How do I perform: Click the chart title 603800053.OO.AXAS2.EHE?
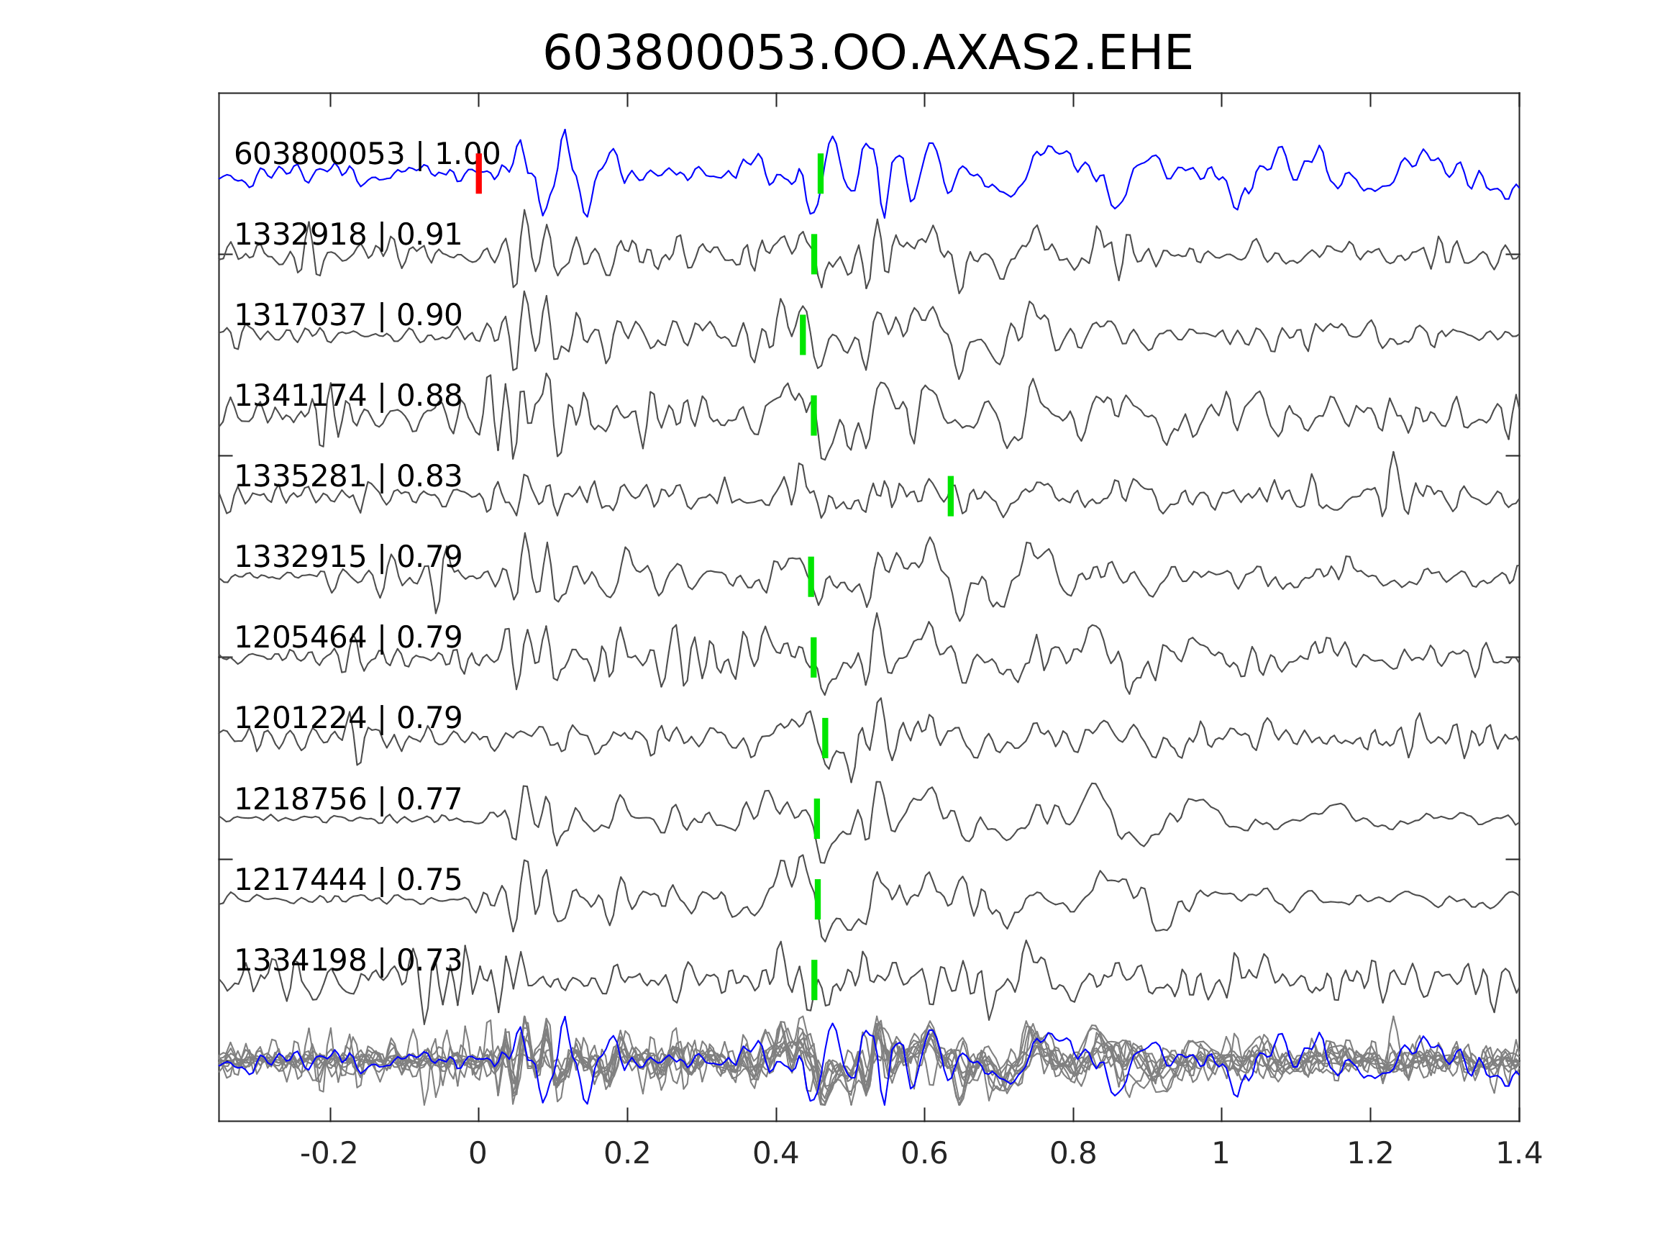867,54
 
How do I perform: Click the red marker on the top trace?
479,173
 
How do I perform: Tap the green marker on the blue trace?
820,173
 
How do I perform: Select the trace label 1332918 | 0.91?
347,235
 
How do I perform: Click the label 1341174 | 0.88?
347,396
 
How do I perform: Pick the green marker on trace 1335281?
951,496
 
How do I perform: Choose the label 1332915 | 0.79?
347,557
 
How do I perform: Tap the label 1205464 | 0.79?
347,637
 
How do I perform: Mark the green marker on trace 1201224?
826,737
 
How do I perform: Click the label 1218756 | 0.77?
347,799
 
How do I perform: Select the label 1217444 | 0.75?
347,880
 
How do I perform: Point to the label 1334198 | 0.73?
347,960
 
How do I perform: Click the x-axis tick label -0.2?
329,1153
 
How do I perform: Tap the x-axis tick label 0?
478,1153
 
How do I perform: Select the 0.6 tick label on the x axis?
924,1153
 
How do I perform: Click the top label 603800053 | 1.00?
366,153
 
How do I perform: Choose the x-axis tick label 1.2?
1370,1153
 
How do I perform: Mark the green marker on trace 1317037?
803,335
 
